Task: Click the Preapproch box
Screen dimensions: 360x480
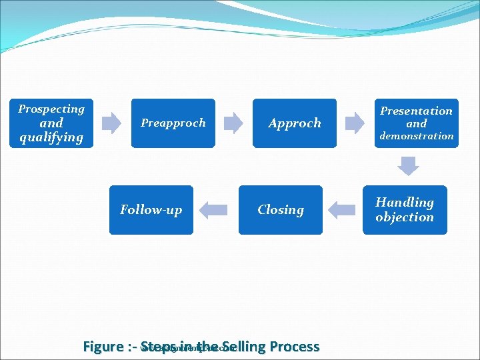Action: [x=173, y=123]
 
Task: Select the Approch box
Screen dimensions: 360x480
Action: [x=294, y=123]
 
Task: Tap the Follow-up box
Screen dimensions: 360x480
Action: [x=151, y=210]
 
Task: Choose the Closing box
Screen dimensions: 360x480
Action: [x=280, y=210]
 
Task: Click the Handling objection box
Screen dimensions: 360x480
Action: [x=404, y=210]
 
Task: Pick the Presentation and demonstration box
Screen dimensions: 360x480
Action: [x=416, y=123]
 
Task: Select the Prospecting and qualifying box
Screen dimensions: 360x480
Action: [x=51, y=123]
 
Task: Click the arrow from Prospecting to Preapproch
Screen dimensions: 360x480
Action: [x=111, y=123]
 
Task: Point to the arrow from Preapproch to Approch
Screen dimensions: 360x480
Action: [x=233, y=123]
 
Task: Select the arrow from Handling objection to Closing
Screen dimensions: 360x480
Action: [x=343, y=210]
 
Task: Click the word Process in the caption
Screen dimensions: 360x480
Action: [x=293, y=347]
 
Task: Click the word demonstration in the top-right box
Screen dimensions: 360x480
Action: [x=417, y=136]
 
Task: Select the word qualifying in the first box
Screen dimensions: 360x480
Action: [x=51, y=137]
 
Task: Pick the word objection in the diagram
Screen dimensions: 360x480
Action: [x=404, y=217]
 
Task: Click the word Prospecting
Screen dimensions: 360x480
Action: [x=51, y=109]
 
